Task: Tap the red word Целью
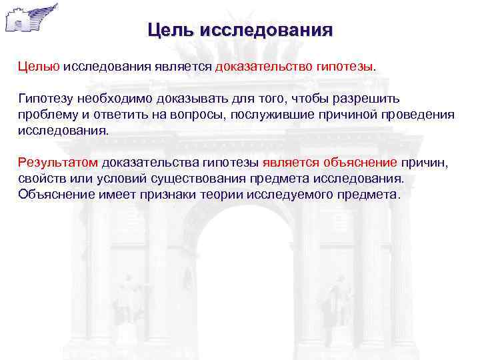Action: [39, 67]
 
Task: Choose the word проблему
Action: [46, 115]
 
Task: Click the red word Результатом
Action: [58, 162]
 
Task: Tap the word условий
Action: [105, 179]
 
